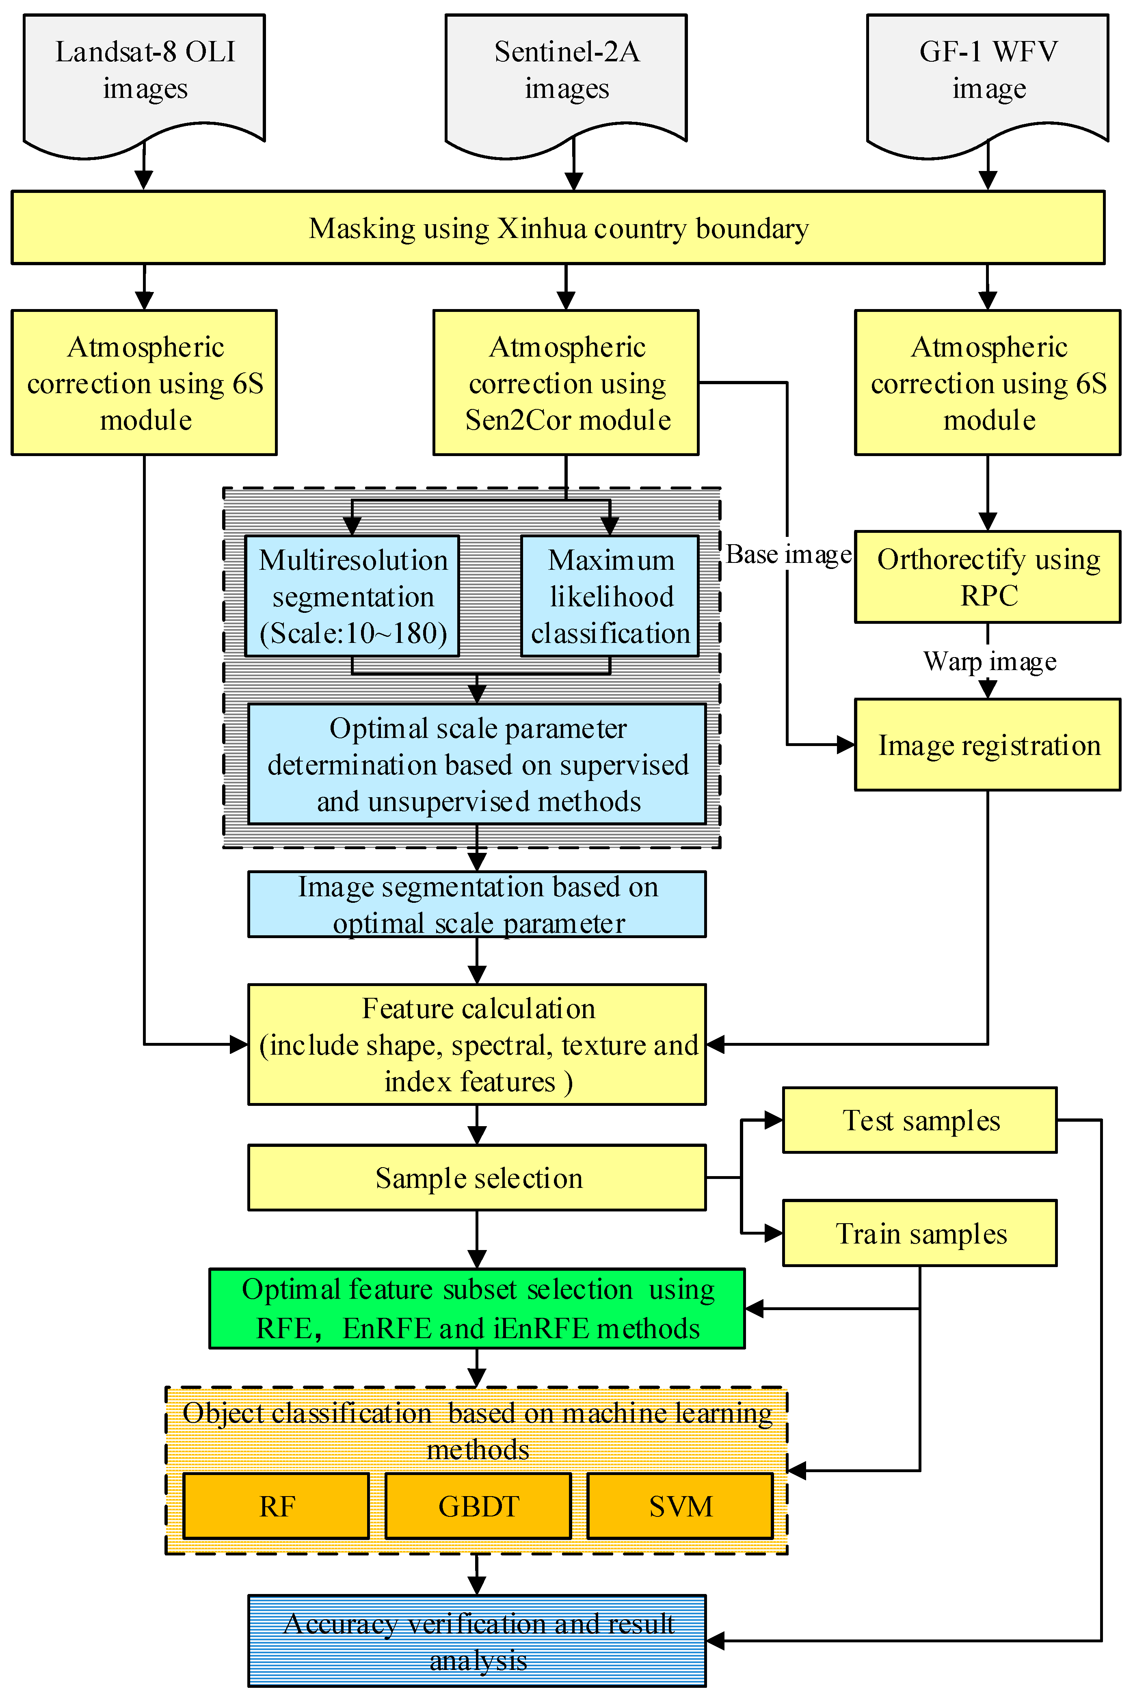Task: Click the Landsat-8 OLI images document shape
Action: tap(145, 72)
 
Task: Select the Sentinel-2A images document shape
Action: tap(566, 72)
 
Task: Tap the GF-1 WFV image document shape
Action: tap(988, 72)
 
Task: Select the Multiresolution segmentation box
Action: tap(352, 596)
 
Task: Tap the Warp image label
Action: tap(989, 661)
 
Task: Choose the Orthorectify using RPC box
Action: tap(988, 577)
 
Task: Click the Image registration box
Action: tap(988, 745)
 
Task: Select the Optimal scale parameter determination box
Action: tap(477, 764)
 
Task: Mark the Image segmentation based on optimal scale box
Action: tap(477, 904)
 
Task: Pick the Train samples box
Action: tap(920, 1233)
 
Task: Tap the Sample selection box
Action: tap(477, 1178)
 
